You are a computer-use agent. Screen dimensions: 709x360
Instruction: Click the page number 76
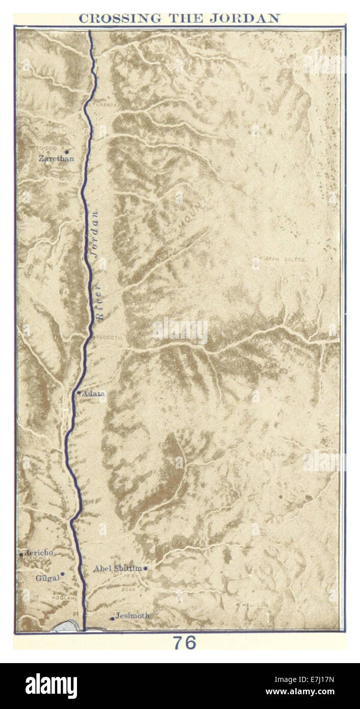184,643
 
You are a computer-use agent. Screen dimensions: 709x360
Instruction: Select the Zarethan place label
56,159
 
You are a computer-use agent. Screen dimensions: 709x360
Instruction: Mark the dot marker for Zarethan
66,151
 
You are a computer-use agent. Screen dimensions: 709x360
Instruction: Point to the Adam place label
94,393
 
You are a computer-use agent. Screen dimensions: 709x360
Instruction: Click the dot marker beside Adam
79,392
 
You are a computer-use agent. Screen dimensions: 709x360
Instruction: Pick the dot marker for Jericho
21,554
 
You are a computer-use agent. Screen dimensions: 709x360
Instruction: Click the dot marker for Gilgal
62,574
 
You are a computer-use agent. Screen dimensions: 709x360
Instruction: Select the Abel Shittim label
117,568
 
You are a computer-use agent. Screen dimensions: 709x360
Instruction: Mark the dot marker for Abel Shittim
145,568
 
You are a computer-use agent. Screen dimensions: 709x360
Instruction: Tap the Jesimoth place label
133,616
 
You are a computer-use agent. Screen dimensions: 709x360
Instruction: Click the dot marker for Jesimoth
112,619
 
